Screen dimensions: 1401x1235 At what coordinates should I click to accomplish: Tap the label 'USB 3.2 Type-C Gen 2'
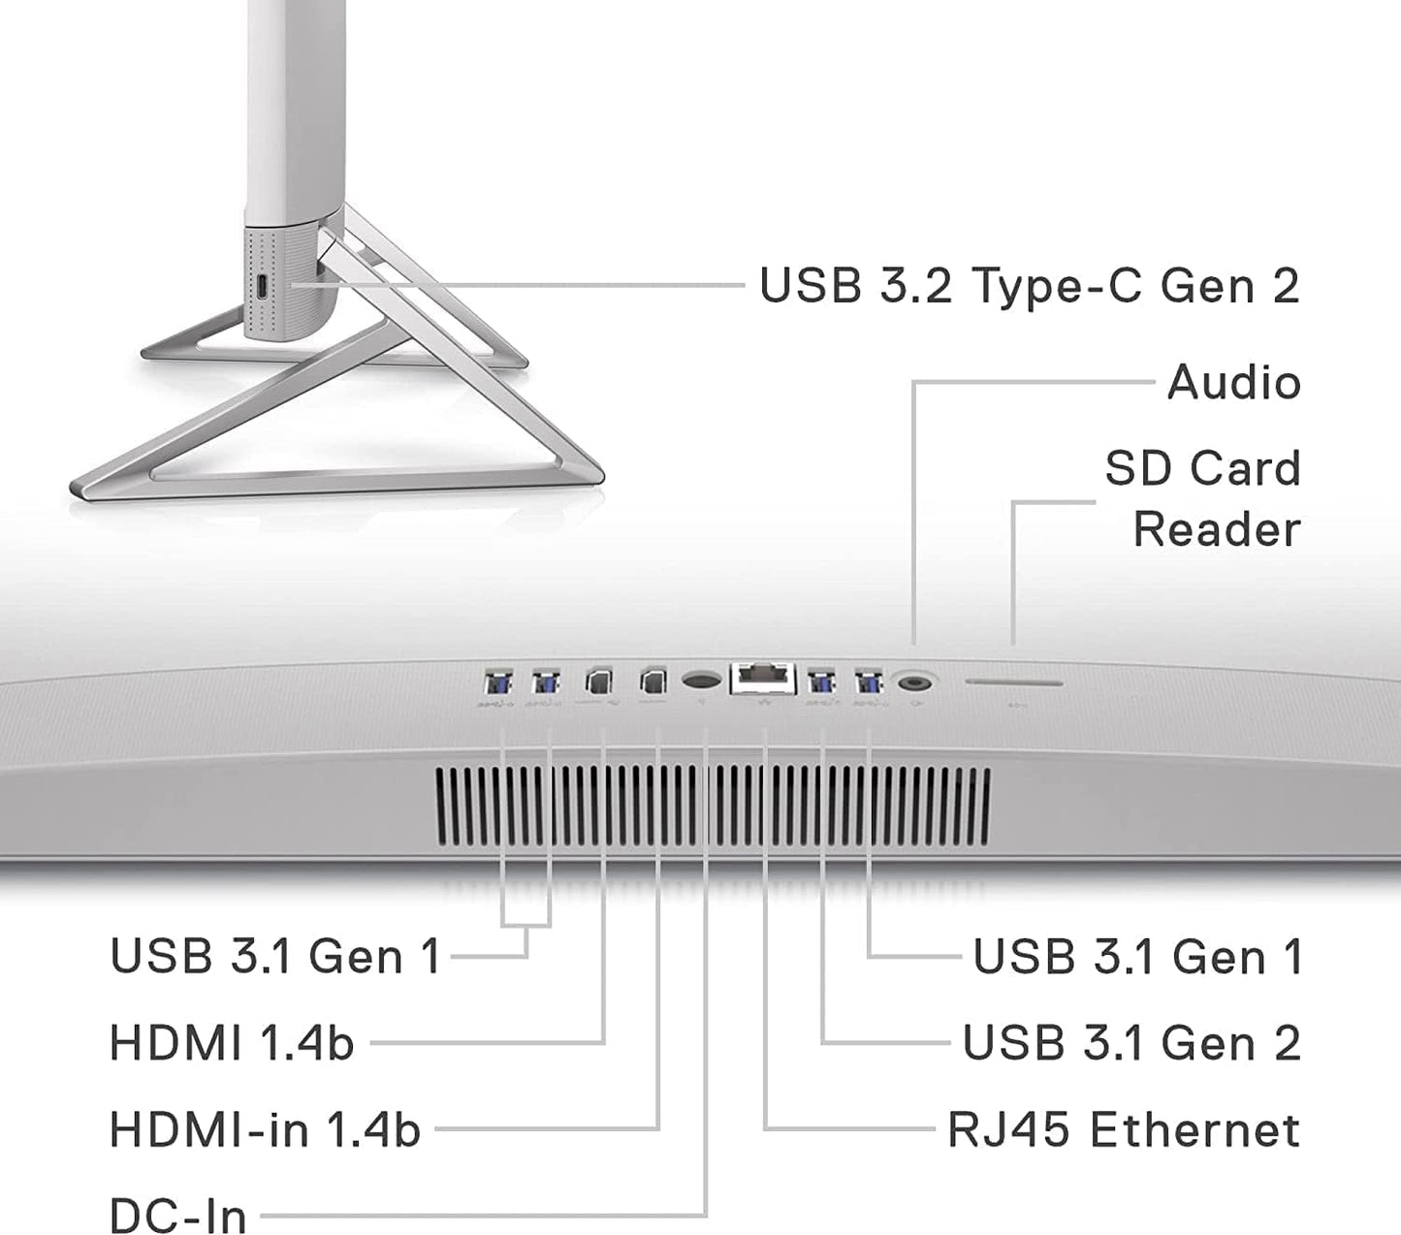[x=1030, y=284]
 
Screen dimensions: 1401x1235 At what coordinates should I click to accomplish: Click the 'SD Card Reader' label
[x=1203, y=498]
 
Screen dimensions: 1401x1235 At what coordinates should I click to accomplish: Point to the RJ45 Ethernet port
[x=763, y=679]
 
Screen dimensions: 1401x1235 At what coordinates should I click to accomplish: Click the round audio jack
[x=914, y=683]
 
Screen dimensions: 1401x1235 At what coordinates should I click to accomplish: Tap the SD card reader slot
[x=1014, y=682]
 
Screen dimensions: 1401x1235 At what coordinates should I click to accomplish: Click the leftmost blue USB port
[x=498, y=682]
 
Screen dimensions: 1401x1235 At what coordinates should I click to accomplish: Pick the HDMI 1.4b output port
[x=599, y=681]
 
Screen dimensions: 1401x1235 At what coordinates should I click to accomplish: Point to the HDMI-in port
[x=653, y=681]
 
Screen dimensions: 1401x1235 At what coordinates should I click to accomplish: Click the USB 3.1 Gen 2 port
[x=821, y=682]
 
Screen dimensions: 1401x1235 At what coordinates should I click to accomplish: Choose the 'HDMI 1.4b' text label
[x=232, y=1042]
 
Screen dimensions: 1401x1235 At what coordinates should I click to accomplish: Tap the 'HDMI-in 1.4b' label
[x=265, y=1129]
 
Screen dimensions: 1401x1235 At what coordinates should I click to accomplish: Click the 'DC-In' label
[x=177, y=1215]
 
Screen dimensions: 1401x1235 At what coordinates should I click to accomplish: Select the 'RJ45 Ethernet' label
[x=1124, y=1129]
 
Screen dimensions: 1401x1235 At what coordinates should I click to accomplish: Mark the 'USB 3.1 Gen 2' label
[x=1132, y=1042]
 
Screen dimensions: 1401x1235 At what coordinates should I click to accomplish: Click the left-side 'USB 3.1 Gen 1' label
[x=275, y=956]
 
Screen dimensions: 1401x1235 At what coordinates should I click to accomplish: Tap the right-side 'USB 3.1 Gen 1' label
[x=1137, y=956]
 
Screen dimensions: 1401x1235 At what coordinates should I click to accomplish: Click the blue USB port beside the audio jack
[x=869, y=682]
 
